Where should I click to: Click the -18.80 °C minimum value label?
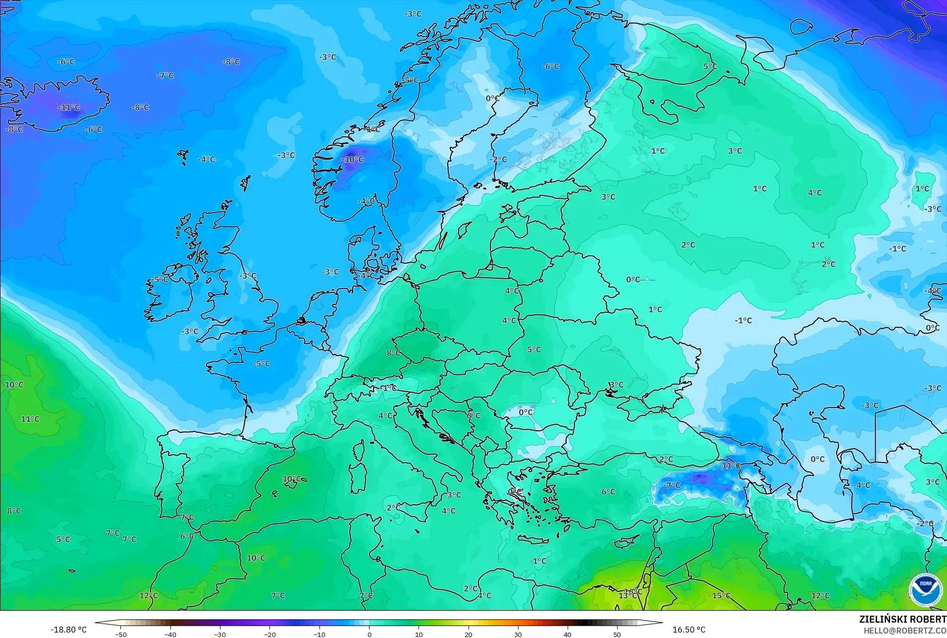coord(68,630)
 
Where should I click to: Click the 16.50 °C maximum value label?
coord(688,630)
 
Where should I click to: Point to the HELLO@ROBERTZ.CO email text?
coord(905,631)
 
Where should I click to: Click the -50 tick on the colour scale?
coord(121,634)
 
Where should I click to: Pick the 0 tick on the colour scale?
coord(369,634)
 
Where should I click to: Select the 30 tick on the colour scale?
coord(518,634)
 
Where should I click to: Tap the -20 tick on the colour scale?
coord(269,634)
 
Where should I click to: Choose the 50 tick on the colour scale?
coord(617,634)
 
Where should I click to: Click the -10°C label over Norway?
coord(353,160)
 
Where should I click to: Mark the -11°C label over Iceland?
coord(69,108)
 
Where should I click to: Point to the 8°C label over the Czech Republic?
coord(394,353)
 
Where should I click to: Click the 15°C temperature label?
coord(721,595)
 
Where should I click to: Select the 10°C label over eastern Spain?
coord(292,479)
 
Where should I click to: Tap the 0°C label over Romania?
coord(526,412)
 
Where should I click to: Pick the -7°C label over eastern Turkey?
coord(672,485)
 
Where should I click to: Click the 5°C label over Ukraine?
coord(534,349)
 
